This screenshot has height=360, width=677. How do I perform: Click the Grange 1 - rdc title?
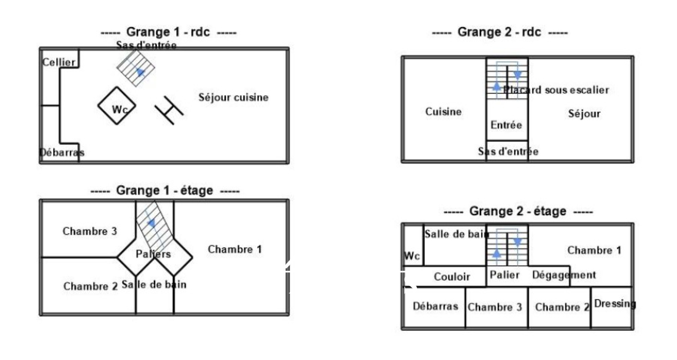point(168,32)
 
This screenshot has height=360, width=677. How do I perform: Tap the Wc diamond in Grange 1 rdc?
point(117,106)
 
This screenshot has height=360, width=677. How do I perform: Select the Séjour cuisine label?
point(233,97)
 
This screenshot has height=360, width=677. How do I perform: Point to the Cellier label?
point(59,62)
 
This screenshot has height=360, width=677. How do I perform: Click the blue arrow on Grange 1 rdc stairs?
point(140,72)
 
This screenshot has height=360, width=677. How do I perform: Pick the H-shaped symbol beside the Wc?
point(169,110)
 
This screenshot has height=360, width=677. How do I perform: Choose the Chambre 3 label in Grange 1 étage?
point(90,231)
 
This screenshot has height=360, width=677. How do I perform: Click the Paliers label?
point(153,254)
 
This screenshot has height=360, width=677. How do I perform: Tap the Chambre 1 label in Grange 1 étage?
point(235,249)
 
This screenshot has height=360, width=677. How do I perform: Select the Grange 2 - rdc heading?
point(499,32)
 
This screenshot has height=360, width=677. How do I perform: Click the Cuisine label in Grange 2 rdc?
point(443,112)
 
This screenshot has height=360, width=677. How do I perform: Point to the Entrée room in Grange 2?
point(506,125)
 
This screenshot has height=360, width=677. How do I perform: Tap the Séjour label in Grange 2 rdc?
point(584,113)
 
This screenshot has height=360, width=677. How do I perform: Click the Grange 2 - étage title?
point(517,211)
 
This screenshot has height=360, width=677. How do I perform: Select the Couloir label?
point(452,277)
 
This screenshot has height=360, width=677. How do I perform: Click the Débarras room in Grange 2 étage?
point(435,306)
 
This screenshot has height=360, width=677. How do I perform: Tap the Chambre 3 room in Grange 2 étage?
point(495,307)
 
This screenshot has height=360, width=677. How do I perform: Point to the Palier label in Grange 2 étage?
point(504,275)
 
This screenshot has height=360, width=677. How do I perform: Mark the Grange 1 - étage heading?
point(165,191)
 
